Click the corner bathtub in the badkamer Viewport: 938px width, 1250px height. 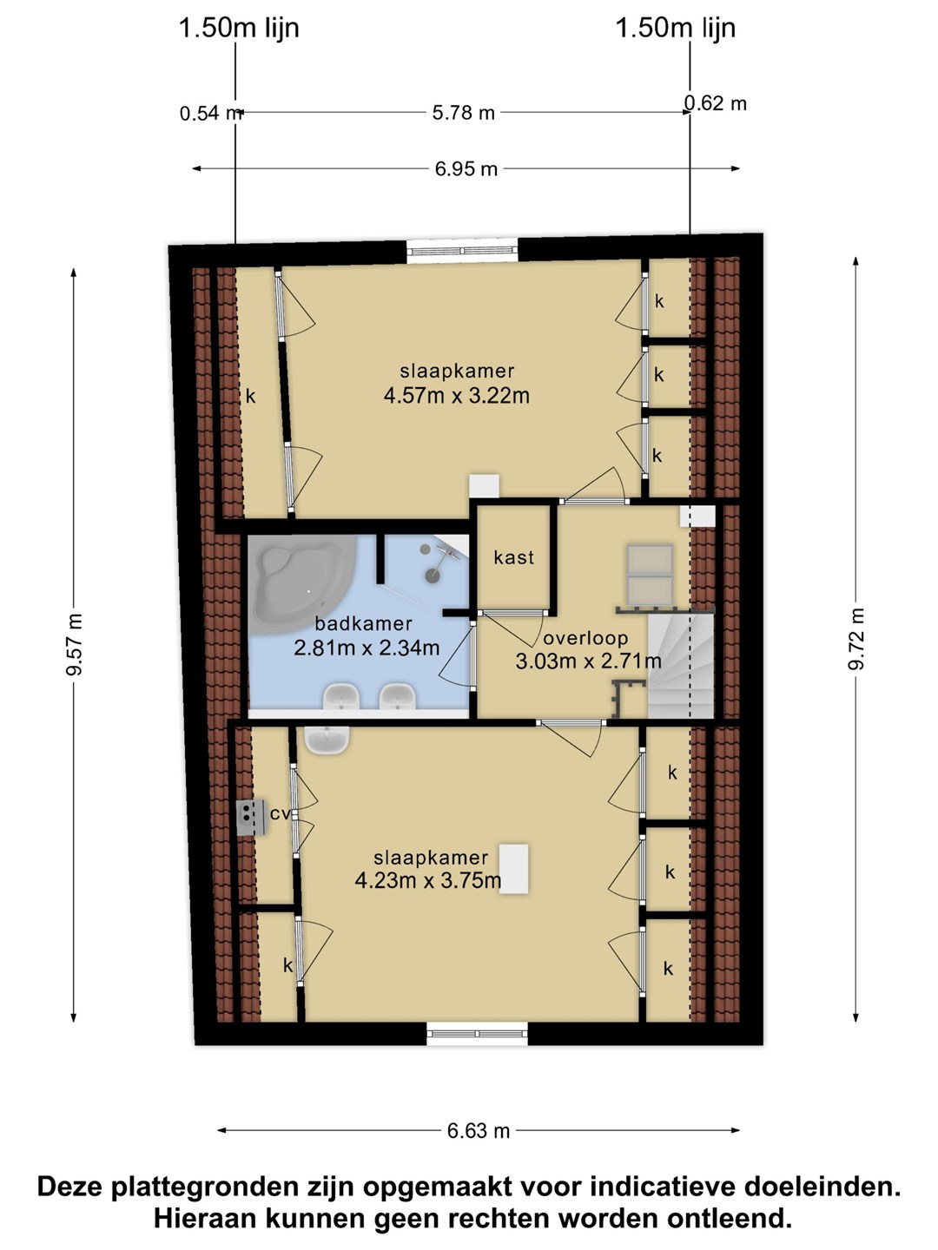coord(302,580)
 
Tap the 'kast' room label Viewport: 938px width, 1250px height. coord(513,557)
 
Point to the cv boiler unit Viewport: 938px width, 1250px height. coord(252,817)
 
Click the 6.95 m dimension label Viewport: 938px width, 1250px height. coord(466,169)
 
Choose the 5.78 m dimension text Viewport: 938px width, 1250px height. coord(463,113)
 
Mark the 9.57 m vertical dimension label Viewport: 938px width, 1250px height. coord(74,644)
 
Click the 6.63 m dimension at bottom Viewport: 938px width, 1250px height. coord(478,1130)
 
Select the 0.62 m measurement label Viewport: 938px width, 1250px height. coord(716,103)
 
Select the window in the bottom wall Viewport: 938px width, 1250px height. coord(478,1034)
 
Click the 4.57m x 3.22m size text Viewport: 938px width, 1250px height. coord(456,395)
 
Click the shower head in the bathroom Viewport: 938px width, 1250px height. coord(433,576)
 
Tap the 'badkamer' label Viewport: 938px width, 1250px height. coord(363,623)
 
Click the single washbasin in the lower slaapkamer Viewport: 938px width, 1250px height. coord(327,740)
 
